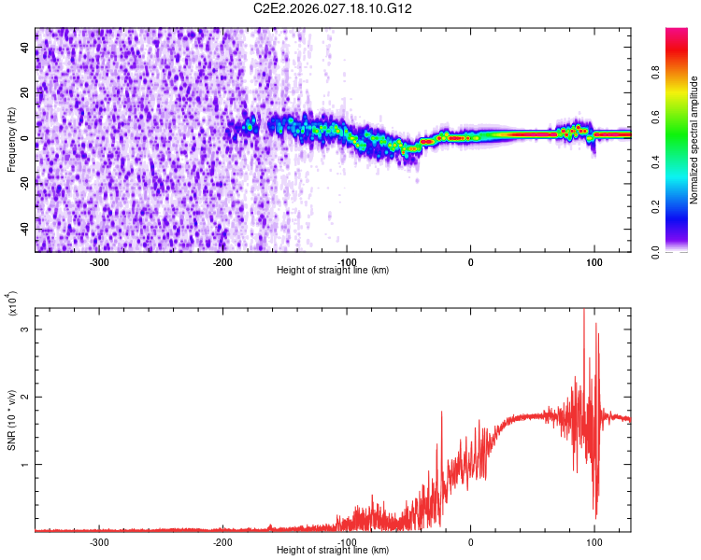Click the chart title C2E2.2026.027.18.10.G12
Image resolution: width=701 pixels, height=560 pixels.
click(x=333, y=8)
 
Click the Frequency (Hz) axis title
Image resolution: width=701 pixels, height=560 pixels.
click(x=11, y=140)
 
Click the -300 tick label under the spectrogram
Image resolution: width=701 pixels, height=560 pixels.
click(x=99, y=260)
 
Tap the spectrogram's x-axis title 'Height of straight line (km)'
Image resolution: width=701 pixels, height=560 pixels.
click(x=333, y=270)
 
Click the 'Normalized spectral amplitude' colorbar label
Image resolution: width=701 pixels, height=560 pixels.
click(x=694, y=140)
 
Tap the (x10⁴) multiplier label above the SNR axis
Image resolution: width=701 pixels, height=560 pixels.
click(x=12, y=303)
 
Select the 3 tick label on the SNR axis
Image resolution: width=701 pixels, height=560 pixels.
click(x=25, y=329)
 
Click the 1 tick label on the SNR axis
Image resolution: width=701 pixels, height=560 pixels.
click(x=25, y=464)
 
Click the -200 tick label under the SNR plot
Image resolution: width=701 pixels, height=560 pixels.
click(x=222, y=540)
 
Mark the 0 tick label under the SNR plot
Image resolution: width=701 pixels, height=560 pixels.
click(x=470, y=540)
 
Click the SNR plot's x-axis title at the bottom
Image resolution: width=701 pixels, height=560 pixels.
click(x=333, y=550)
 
